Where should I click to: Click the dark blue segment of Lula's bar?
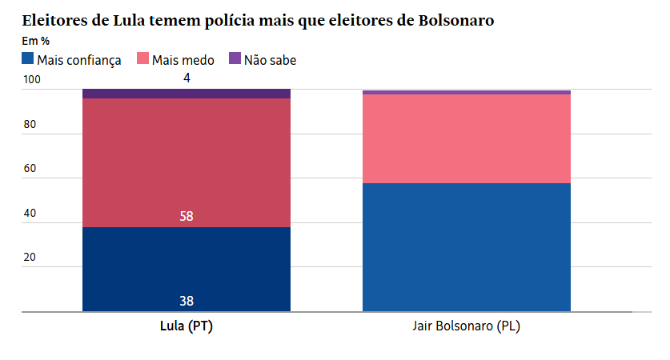click(186, 268)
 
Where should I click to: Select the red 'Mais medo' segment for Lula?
click(186, 162)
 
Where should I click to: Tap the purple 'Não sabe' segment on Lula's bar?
click(186, 94)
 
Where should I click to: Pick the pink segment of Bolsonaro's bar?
click(466, 138)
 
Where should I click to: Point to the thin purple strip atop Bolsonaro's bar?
click(466, 93)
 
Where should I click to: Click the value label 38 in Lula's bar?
click(187, 302)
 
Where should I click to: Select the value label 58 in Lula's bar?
click(187, 216)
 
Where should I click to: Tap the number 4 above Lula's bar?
click(187, 78)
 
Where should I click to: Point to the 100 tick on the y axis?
click(30, 80)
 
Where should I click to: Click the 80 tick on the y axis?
click(30, 125)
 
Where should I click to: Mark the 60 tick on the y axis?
click(30, 169)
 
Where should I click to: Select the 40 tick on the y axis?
click(30, 214)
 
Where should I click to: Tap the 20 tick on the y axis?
click(30, 258)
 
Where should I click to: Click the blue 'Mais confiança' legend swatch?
click(28, 58)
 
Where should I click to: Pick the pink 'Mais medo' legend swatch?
click(144, 58)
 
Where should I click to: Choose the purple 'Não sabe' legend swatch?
click(235, 58)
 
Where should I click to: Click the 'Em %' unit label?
click(36, 41)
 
